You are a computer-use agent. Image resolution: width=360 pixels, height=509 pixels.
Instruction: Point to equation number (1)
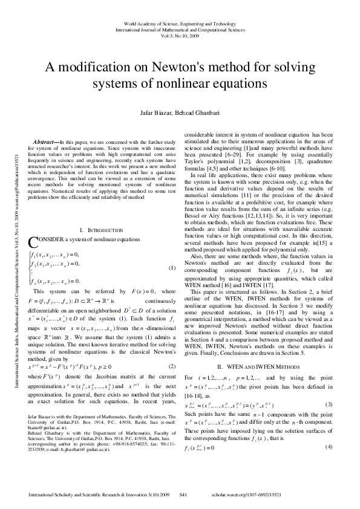pos(171,267)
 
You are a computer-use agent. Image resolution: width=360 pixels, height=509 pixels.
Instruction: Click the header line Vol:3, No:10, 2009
pos(180,34)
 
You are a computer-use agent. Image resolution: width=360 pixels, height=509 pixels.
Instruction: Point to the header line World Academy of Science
pos(180,22)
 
